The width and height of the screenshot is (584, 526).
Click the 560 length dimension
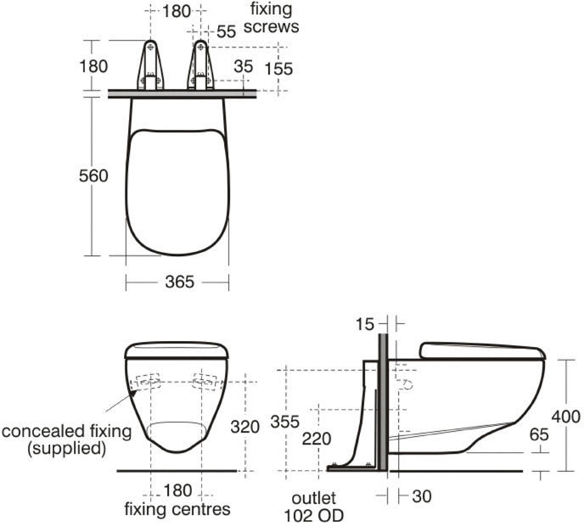[x=94, y=176]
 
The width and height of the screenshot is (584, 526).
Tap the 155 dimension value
[x=278, y=68]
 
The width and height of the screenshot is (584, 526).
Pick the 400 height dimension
[x=565, y=417]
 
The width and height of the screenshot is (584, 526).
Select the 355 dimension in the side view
[x=285, y=421]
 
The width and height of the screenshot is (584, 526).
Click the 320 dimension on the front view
[x=245, y=428]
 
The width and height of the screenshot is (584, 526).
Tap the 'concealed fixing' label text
[x=67, y=431]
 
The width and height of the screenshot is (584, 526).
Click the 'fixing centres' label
[x=177, y=510]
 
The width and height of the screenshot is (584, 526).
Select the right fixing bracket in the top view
[x=201, y=66]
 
